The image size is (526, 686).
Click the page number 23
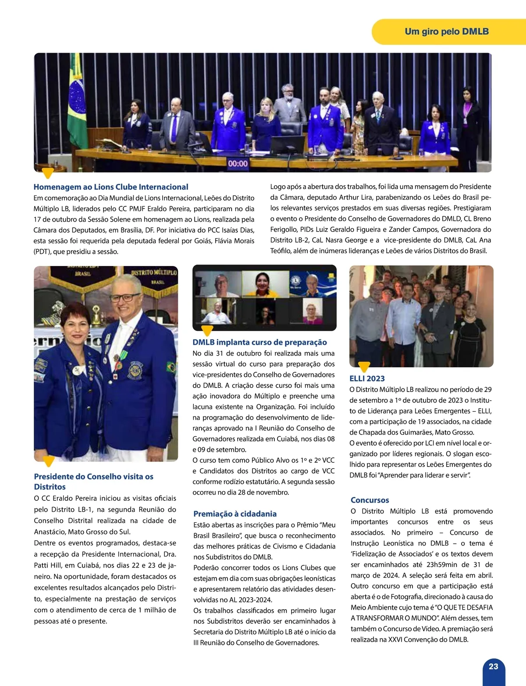click(x=493, y=666)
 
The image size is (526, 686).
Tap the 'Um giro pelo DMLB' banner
click(x=446, y=32)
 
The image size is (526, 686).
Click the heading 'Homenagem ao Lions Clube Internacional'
click(x=111, y=187)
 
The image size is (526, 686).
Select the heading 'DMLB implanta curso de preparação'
click(x=259, y=342)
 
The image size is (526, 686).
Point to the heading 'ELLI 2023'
click(x=367, y=378)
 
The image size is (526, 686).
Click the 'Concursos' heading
click(x=370, y=500)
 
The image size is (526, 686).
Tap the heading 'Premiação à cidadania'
click(x=235, y=514)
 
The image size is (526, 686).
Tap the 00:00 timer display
click(x=238, y=164)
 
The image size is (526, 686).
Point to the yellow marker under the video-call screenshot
click(x=206, y=330)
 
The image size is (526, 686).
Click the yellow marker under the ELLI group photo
click(x=364, y=366)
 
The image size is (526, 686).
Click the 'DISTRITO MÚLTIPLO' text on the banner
click(x=154, y=273)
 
